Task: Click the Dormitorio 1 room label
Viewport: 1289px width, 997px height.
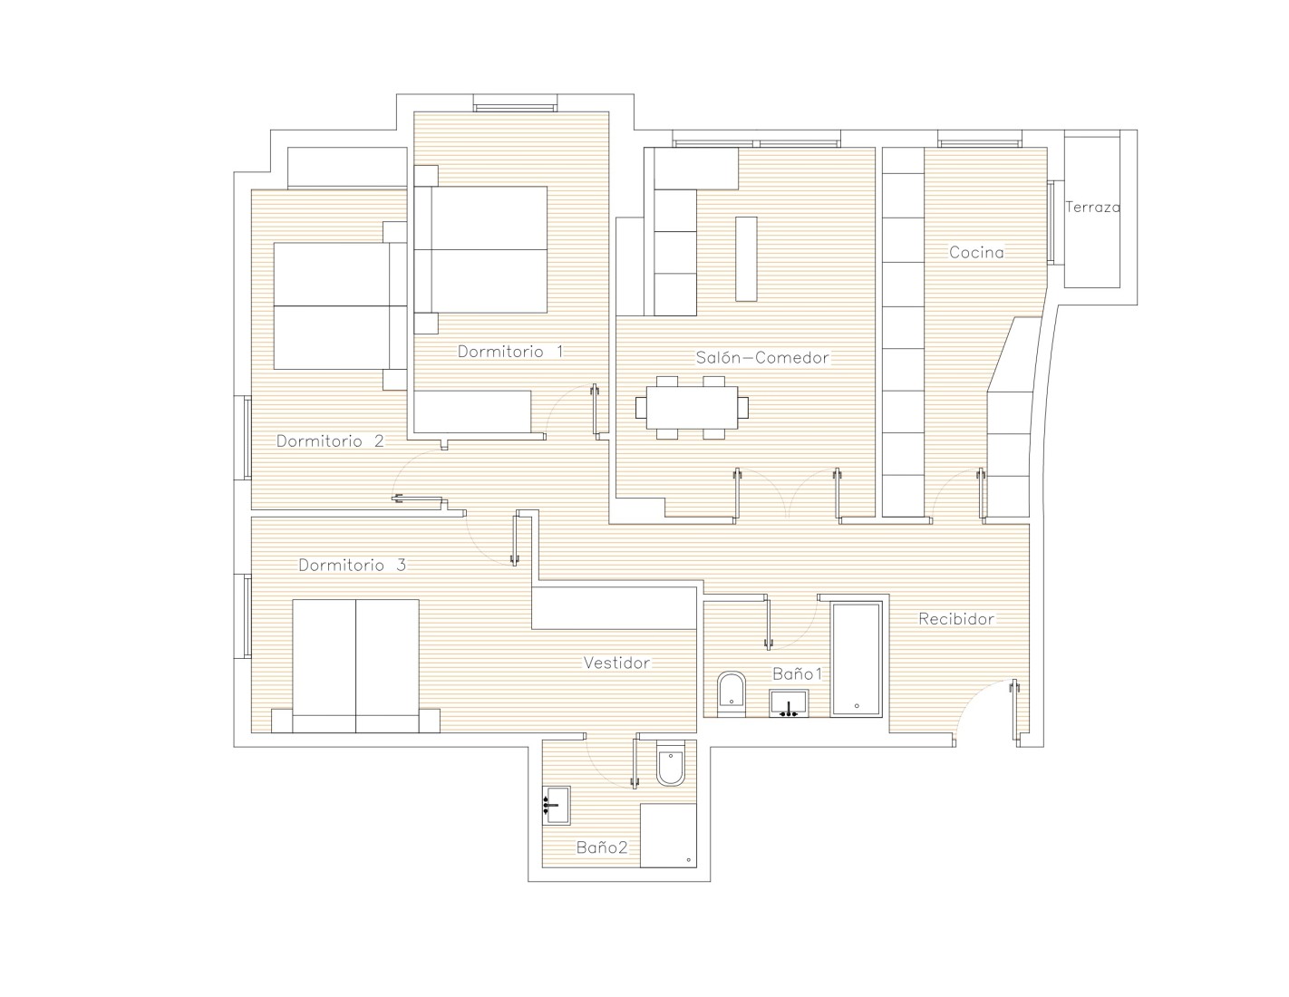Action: tap(510, 352)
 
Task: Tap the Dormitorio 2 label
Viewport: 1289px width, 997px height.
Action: tap(330, 441)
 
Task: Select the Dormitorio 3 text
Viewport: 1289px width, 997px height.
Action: tap(353, 566)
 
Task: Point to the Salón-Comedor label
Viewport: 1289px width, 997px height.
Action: tap(762, 358)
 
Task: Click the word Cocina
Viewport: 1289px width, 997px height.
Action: tap(976, 253)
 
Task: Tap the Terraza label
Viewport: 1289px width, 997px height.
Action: tap(1092, 207)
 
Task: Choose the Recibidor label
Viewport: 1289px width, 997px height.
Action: tap(956, 619)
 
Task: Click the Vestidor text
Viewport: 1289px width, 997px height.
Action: tap(617, 663)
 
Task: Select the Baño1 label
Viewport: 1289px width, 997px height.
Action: tap(798, 673)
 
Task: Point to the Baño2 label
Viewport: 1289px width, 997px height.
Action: tap(602, 847)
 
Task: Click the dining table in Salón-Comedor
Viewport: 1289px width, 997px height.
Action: tap(692, 408)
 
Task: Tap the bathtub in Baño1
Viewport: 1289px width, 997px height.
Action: tap(856, 659)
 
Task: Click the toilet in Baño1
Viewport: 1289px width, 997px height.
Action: tap(732, 694)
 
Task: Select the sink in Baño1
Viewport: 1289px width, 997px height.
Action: tap(789, 703)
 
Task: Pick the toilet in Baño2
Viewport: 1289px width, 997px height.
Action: tap(671, 763)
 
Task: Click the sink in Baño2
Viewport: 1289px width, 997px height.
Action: tap(556, 806)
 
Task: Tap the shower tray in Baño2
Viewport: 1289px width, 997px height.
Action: tap(668, 836)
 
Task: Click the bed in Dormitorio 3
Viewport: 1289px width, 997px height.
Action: tap(356, 666)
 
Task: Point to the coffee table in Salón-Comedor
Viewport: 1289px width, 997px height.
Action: tap(746, 259)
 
